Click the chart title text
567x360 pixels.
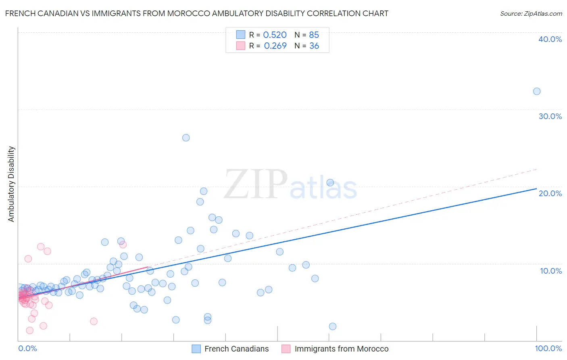coord(197,14)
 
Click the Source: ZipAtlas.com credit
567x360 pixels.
coord(531,14)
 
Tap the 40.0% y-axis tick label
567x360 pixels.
coord(550,39)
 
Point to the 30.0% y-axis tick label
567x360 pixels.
coord(550,116)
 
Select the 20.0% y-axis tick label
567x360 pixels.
coord(550,193)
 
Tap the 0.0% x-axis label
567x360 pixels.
coord(27,348)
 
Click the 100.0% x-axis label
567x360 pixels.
coord(548,348)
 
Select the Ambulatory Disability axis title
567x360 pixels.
coord(11,184)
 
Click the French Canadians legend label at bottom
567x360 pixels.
coord(236,349)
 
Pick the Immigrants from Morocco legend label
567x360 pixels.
coord(341,349)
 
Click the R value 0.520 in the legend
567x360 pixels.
coord(275,35)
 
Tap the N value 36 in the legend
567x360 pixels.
coord(314,46)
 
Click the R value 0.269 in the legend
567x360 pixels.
coord(275,46)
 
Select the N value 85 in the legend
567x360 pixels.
coord(314,35)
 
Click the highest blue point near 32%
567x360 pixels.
coord(537,91)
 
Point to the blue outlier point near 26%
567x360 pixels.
coord(186,138)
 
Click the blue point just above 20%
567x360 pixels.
coord(330,182)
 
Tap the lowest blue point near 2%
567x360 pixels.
coord(333,327)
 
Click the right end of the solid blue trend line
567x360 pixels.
coord(536,188)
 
